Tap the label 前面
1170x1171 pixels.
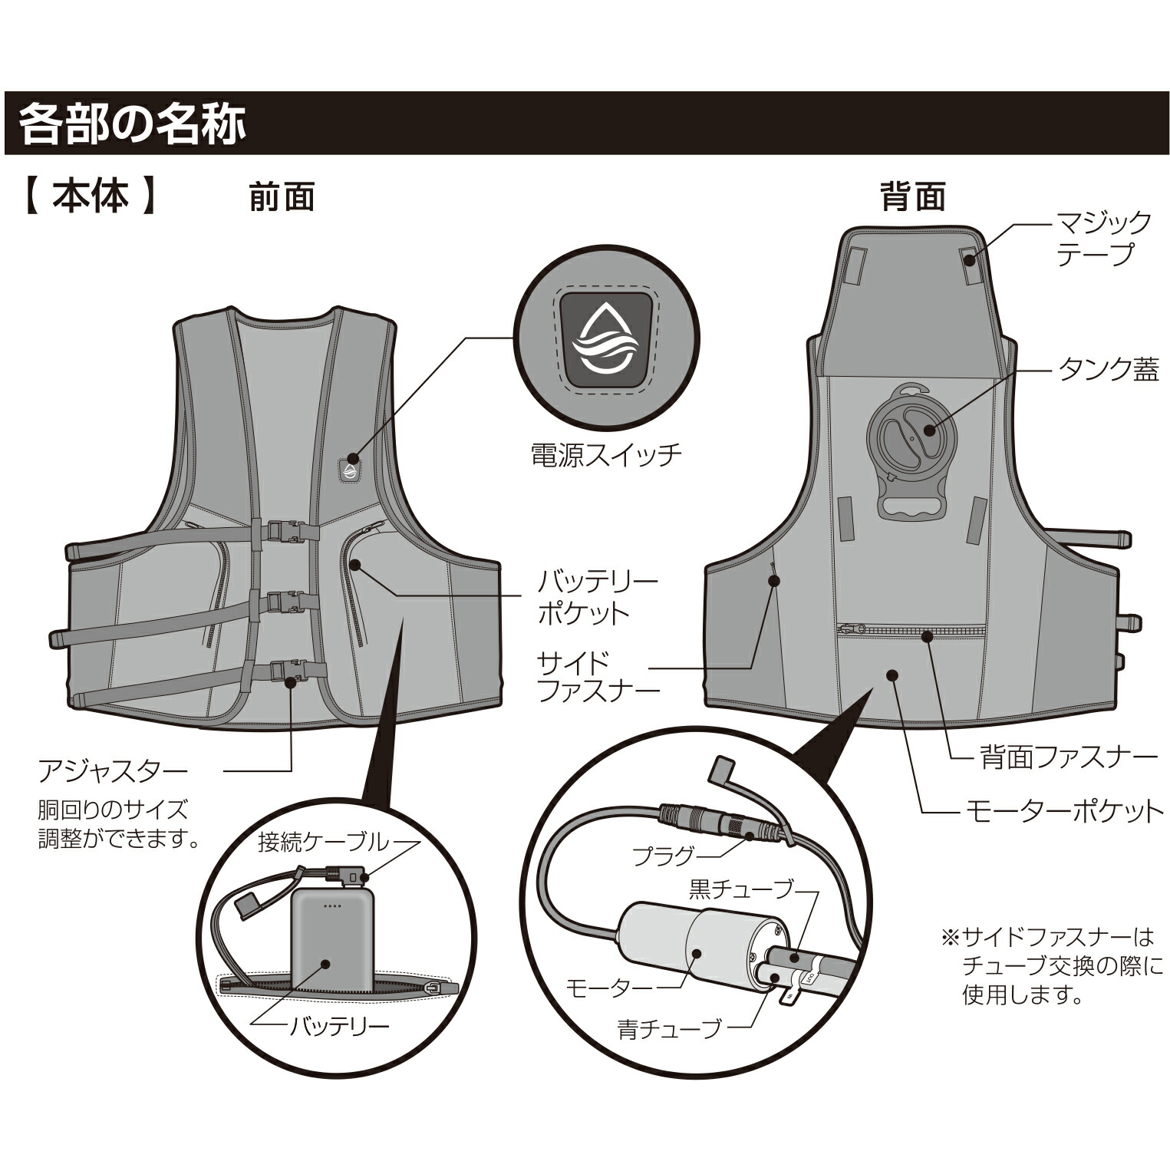click(x=282, y=198)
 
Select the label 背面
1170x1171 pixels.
click(x=912, y=198)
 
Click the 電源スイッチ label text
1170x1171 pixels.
click(x=606, y=455)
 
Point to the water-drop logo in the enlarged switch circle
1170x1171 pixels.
click(x=606, y=340)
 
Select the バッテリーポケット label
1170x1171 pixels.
click(x=597, y=596)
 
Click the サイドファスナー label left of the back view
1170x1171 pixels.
click(x=598, y=676)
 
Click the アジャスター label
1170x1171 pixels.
click(x=113, y=770)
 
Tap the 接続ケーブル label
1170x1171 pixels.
click(x=323, y=843)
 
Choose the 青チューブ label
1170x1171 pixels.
click(x=669, y=1028)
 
